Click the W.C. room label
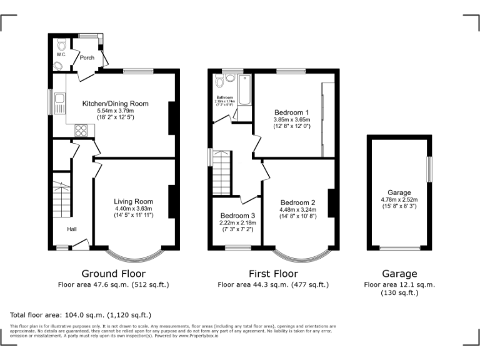point(61,55)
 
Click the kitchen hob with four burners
point(81,130)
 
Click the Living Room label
point(133,201)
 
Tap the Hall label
point(72,229)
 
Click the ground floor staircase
point(62,200)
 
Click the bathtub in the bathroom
point(244,90)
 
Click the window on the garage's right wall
point(429,169)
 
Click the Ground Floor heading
point(114,274)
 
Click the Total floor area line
point(81,315)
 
